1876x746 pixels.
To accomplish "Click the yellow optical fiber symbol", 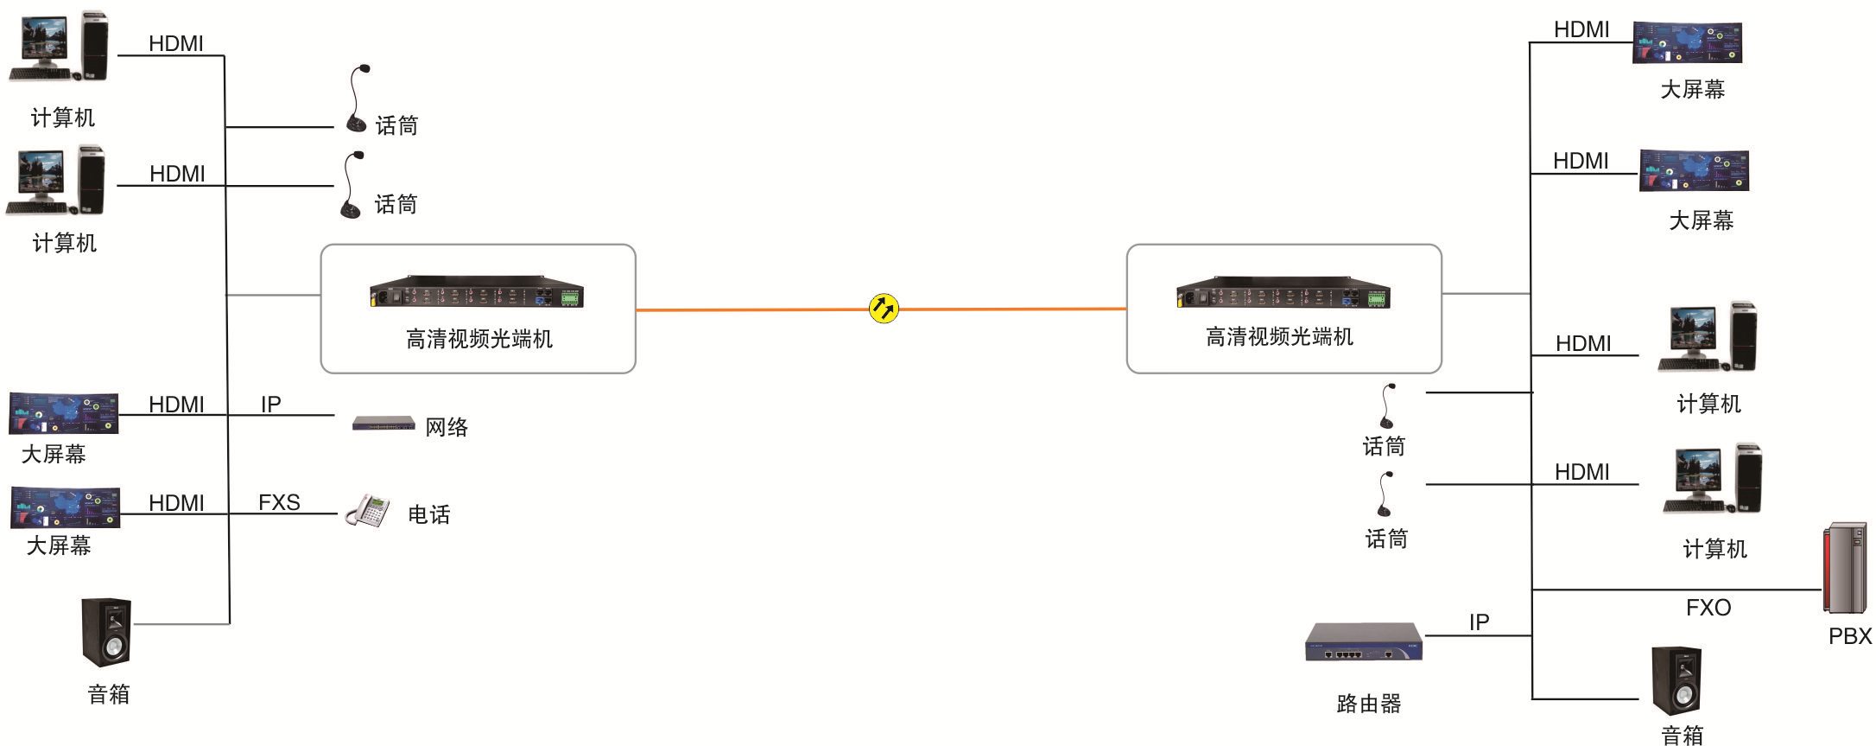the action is click(x=884, y=309).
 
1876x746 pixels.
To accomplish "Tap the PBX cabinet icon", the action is click(x=1845, y=568).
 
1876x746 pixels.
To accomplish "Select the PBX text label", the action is click(x=1850, y=636).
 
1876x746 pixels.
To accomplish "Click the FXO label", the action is click(x=1708, y=608).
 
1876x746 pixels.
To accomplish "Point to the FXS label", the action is click(x=279, y=502).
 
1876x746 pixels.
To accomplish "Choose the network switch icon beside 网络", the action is click(x=383, y=424).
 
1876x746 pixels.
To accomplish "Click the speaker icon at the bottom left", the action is click(x=107, y=632).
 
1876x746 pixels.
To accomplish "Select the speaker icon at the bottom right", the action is click(x=1676, y=681).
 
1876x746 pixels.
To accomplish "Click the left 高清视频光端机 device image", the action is click(x=477, y=292).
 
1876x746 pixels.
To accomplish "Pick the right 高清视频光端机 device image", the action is click(x=1283, y=292).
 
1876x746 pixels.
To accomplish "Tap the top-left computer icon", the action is click(x=60, y=47).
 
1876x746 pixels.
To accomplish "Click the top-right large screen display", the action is click(x=1687, y=42).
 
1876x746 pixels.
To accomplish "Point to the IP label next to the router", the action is click(x=1479, y=622).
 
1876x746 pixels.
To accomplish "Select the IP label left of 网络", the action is click(x=270, y=405).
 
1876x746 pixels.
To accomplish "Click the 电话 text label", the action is click(x=429, y=515).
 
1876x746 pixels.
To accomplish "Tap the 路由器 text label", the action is click(x=1368, y=704).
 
